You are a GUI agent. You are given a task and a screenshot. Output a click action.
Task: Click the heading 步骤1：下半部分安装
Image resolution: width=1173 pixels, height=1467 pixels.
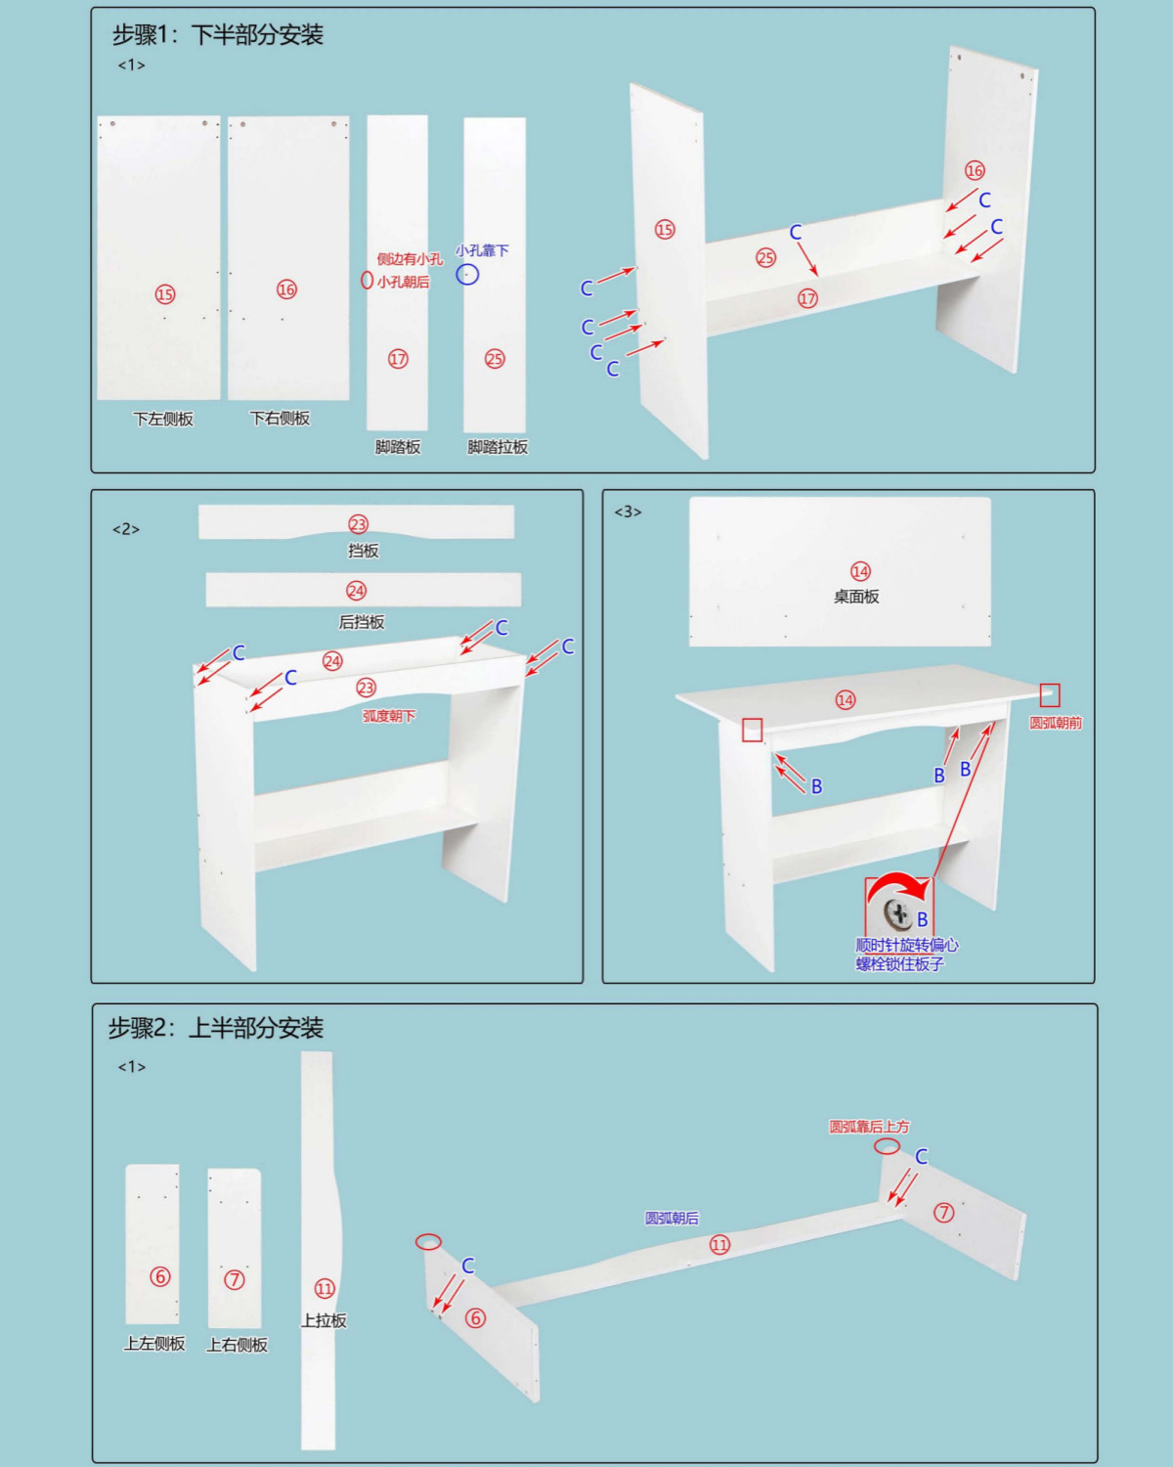217,34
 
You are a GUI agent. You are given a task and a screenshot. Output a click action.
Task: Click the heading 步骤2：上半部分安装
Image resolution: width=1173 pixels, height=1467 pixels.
215,1027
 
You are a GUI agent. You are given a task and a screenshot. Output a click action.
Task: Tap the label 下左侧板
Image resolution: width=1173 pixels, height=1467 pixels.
163,419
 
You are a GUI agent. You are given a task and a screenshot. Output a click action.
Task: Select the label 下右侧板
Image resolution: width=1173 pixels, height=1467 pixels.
280,418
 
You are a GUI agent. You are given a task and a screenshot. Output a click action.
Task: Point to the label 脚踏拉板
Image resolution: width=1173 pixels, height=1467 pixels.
498,447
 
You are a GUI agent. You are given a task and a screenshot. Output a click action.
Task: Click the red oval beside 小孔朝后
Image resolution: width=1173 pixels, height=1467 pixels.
367,280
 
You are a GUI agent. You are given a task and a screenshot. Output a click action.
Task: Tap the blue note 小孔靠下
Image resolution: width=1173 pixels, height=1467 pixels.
483,250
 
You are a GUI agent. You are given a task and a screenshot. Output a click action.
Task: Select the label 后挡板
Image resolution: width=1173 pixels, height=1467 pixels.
362,622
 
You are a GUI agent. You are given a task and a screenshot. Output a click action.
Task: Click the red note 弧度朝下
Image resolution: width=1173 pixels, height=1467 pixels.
388,716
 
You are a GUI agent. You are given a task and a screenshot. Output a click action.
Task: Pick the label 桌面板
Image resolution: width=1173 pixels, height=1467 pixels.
856,597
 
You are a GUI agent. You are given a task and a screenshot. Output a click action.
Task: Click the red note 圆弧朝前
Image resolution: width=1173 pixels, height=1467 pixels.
1055,723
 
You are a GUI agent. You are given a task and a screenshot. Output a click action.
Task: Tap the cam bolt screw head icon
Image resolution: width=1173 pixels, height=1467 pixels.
897,912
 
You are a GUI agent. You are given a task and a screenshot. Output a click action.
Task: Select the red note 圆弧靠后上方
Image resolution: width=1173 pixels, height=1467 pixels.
869,1127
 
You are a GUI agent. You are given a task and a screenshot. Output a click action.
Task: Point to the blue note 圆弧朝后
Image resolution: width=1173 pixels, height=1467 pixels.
673,1218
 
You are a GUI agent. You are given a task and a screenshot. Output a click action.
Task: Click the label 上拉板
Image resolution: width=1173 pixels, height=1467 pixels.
324,1320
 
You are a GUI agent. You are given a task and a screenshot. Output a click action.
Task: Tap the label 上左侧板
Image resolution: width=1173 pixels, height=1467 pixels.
154,1343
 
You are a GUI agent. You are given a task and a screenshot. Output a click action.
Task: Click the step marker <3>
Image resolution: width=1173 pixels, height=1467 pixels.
628,511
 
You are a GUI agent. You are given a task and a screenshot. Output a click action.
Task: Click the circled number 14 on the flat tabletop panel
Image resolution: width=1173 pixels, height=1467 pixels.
860,571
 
